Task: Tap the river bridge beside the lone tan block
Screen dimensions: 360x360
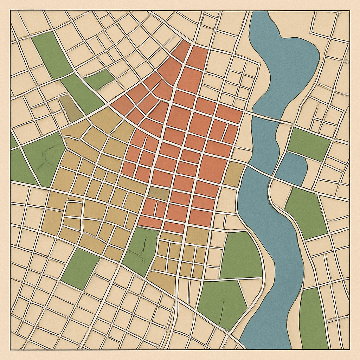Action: point(258,169)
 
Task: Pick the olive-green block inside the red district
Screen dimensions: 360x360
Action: point(158,193)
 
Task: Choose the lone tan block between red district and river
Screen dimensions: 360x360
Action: point(234,174)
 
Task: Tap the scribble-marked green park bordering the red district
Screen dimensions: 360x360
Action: point(141,248)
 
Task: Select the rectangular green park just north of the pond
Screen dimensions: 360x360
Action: point(308,143)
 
